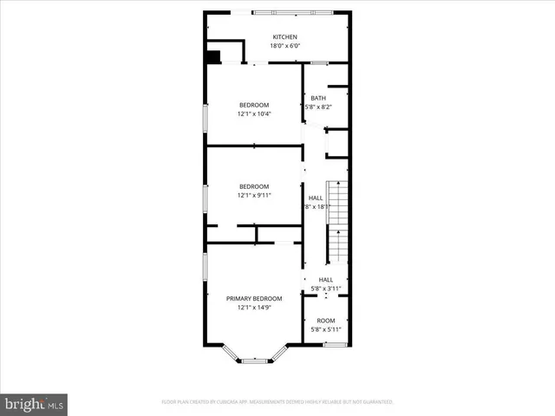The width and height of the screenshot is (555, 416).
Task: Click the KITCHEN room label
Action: click(x=284, y=37)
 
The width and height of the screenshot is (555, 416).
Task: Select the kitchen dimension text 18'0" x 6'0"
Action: click(x=284, y=46)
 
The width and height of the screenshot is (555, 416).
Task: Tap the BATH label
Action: click(x=318, y=98)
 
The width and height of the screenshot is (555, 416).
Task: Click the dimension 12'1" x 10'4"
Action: click(x=254, y=114)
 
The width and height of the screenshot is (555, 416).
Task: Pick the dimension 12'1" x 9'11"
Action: click(x=254, y=195)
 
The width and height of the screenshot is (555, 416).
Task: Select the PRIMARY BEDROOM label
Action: click(x=254, y=298)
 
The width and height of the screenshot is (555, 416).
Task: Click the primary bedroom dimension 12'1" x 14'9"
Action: click(x=254, y=307)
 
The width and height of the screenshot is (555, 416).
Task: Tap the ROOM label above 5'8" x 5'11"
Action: click(x=325, y=321)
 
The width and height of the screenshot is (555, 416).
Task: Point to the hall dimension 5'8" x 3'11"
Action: click(x=326, y=288)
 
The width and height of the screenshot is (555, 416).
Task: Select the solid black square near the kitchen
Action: click(x=213, y=57)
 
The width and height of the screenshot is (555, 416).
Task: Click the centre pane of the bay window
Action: click(x=253, y=361)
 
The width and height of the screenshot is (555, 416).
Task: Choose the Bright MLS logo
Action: click(x=34, y=404)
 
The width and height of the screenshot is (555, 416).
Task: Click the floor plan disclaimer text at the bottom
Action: click(x=277, y=402)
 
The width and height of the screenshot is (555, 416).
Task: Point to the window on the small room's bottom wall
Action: click(x=335, y=345)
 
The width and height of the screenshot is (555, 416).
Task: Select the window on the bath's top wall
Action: click(x=319, y=62)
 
